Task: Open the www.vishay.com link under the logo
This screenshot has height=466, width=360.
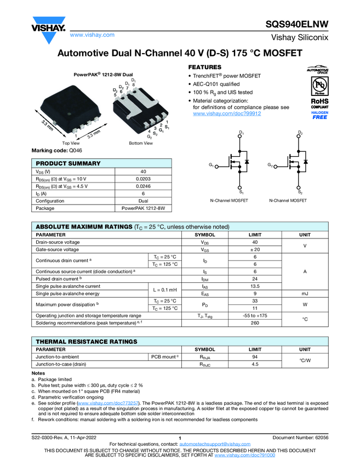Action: [x=92, y=35]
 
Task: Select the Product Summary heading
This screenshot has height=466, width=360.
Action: [x=68, y=163]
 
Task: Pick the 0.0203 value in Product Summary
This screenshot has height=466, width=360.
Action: [x=143, y=179]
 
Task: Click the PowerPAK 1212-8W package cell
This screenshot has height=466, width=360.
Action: [x=143, y=208]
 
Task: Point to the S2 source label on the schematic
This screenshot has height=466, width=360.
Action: [x=300, y=192]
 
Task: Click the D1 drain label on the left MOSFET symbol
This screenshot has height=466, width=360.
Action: [x=241, y=133]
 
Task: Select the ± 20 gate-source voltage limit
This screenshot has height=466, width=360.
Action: [x=255, y=249]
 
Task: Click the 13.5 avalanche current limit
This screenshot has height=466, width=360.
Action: [x=255, y=286]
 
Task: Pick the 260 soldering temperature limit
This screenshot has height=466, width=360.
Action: [x=255, y=323]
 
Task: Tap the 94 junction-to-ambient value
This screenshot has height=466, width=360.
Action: [x=255, y=356]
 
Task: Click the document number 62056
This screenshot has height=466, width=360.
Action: [x=319, y=437]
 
